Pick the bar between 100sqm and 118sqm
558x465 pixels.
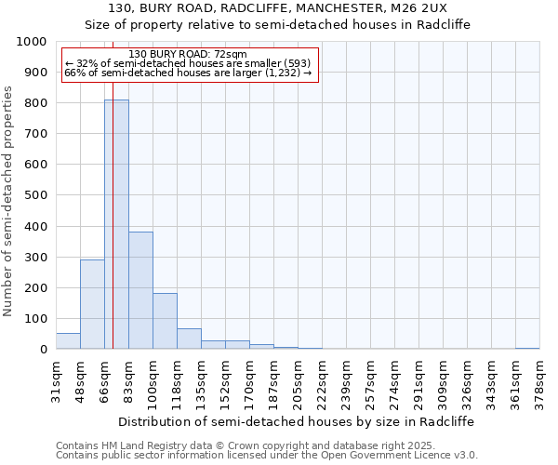coord(165,321)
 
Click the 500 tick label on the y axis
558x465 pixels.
coord(34,195)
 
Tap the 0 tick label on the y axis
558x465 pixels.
coord(43,350)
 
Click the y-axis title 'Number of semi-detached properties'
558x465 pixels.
coord(9,201)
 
